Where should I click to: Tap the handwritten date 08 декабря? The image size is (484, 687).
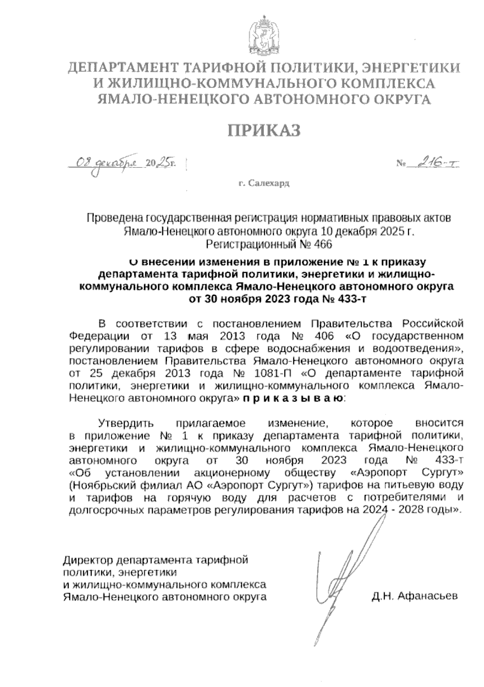(108, 163)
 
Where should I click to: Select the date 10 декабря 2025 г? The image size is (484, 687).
(367, 231)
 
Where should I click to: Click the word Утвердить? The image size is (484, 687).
(127, 423)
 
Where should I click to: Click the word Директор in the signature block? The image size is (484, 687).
(88, 560)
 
